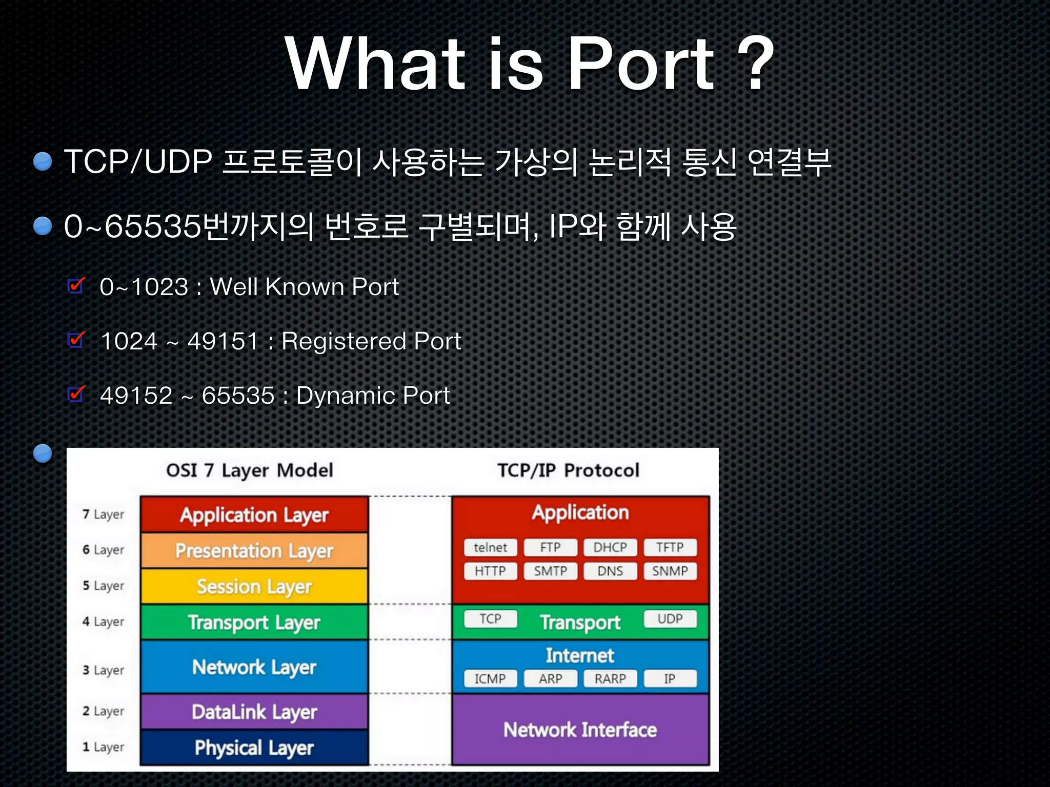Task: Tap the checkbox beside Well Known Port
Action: click(76, 285)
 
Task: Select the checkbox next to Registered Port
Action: click(76, 340)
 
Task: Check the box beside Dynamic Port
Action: click(76, 395)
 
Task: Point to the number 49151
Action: click(223, 341)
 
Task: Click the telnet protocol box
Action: click(490, 547)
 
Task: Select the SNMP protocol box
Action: click(670, 571)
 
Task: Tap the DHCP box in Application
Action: click(610, 547)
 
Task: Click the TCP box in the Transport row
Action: click(490, 619)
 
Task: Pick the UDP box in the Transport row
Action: click(670, 619)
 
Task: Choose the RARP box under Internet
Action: click(610, 679)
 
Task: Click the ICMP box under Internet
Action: click(490, 679)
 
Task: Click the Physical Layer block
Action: click(254, 748)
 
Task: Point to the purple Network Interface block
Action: click(580, 730)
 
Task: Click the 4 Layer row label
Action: click(103, 622)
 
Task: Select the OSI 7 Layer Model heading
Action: click(250, 470)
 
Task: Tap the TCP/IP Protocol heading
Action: click(568, 470)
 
